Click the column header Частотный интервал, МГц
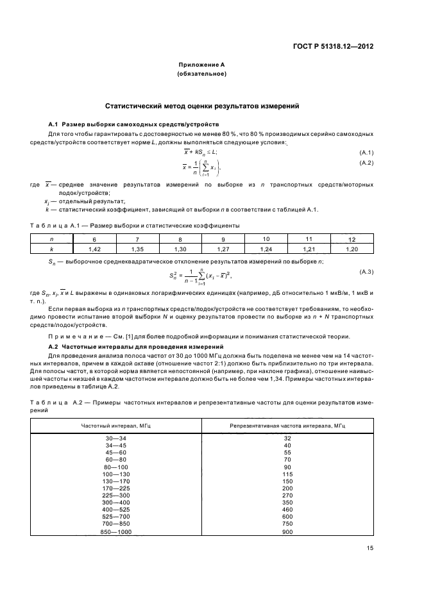click(x=106, y=426)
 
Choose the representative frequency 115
click(x=288, y=474)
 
